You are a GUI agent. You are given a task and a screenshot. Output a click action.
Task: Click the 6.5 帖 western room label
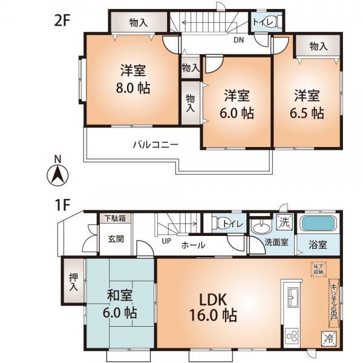pyautogui.click(x=309, y=104)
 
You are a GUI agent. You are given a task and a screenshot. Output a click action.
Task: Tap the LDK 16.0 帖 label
pyautogui.click(x=211, y=307)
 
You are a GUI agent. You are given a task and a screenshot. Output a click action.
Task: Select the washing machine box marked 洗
pyautogui.click(x=283, y=222)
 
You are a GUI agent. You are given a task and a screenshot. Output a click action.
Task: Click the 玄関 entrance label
pyautogui.click(x=116, y=239)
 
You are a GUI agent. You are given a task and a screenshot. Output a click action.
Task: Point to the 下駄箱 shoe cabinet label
pyautogui.click(x=114, y=218)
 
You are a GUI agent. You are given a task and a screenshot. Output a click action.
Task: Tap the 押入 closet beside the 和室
pyautogui.click(x=73, y=283)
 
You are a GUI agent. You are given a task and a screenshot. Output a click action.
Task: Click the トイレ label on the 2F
pyautogui.click(x=264, y=23)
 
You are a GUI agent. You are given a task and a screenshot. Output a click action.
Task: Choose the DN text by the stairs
pyautogui.click(x=240, y=41)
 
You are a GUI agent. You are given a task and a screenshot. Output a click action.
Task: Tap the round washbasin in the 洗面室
pyautogui.click(x=262, y=228)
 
